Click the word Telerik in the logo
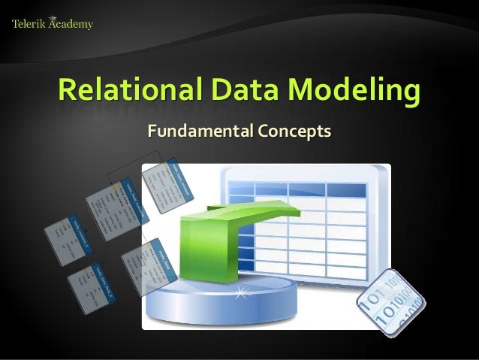click(29, 24)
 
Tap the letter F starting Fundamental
click(153, 132)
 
